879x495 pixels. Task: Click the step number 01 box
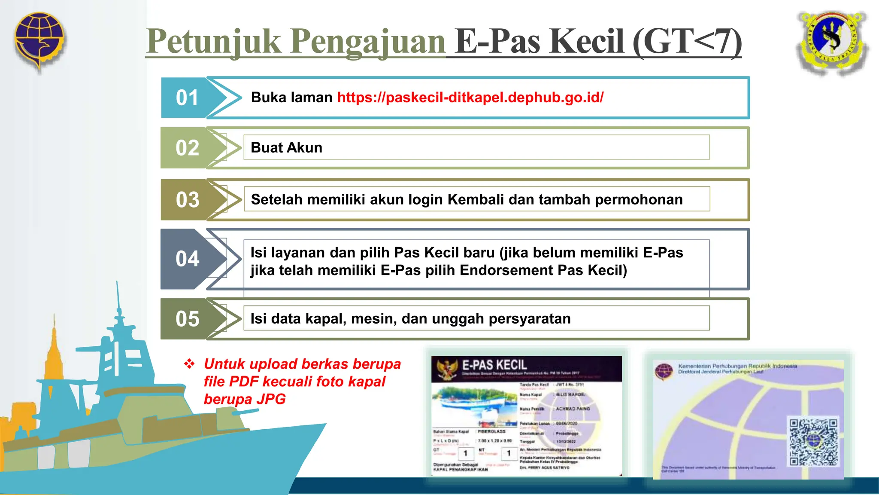pyautogui.click(x=187, y=98)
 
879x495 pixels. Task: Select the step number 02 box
pyautogui.click(x=187, y=148)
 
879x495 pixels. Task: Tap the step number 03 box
pyautogui.click(x=187, y=200)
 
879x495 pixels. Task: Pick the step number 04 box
pyautogui.click(x=187, y=259)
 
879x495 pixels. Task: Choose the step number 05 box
pyautogui.click(x=187, y=319)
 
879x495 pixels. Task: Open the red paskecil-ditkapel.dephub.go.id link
pyautogui.click(x=470, y=98)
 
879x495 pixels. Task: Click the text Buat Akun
pyautogui.click(x=286, y=148)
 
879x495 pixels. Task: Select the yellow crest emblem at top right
pyautogui.click(x=832, y=43)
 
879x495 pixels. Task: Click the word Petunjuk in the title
pyautogui.click(x=213, y=42)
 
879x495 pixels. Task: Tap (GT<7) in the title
pyautogui.click(x=687, y=42)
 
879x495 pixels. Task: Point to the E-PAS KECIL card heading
pyautogui.click(x=494, y=365)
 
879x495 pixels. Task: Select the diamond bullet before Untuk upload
pyautogui.click(x=189, y=364)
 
